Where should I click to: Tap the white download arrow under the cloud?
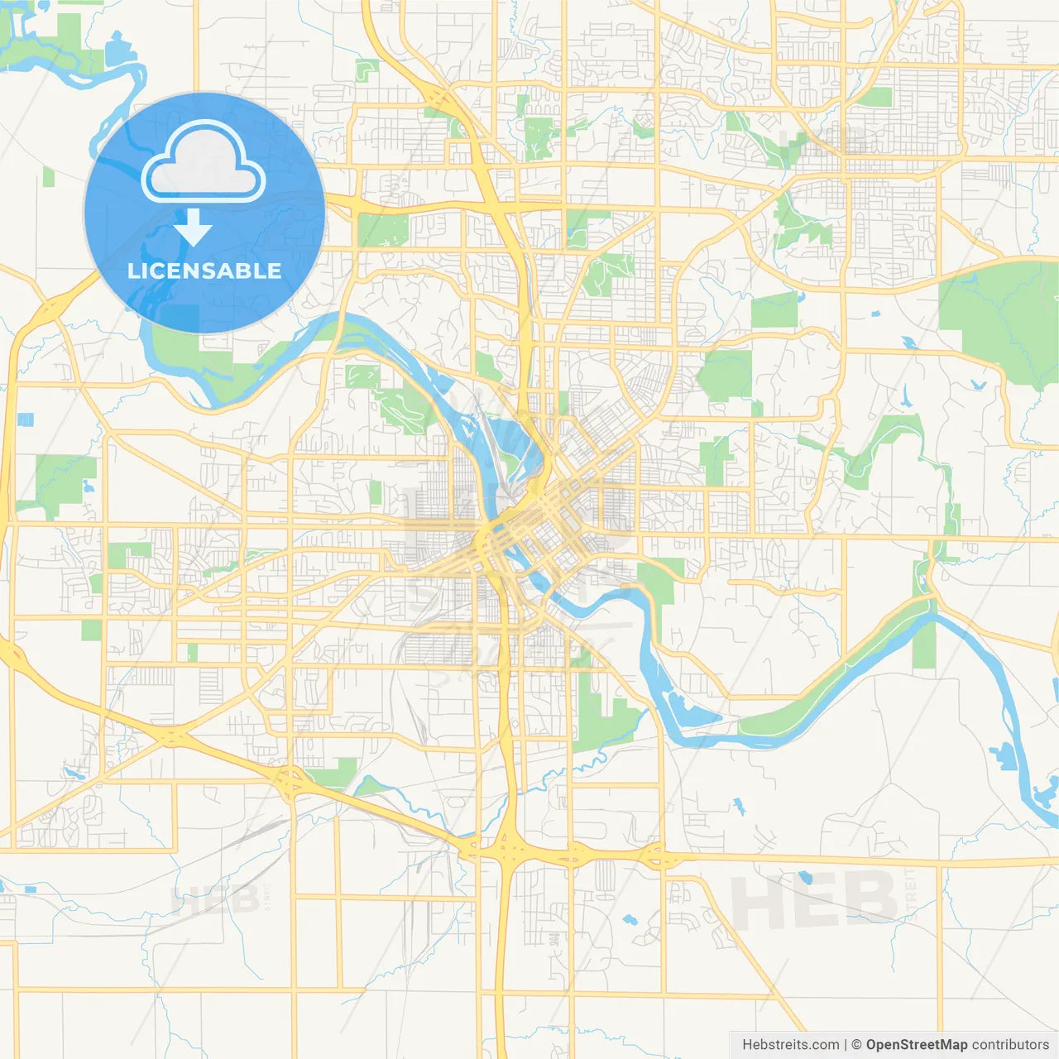(194, 228)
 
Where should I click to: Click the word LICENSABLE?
(204, 271)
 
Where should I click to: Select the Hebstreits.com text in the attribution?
(790, 1045)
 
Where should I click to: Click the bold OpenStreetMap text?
(916, 1045)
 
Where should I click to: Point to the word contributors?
(1010, 1045)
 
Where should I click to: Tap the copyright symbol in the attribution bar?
(856, 1045)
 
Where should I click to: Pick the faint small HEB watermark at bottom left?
(213, 899)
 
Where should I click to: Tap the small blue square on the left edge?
(26, 419)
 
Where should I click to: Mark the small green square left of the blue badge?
(48, 176)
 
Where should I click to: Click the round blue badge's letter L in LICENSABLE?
(132, 271)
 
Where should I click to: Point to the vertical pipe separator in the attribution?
(845, 1045)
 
